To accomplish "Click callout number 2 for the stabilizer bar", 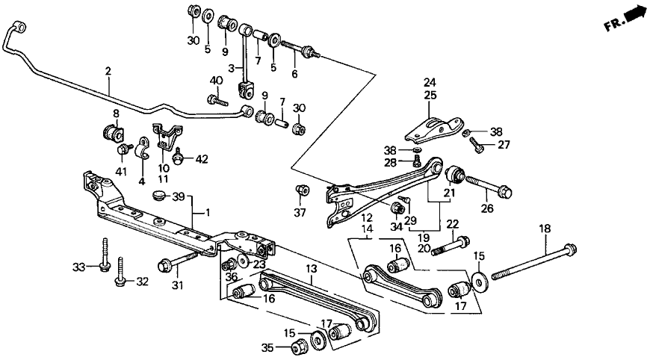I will click(108, 72).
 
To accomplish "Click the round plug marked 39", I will click(158, 195).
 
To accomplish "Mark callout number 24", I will click(430, 82).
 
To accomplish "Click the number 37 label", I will click(300, 214).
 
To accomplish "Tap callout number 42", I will click(199, 159).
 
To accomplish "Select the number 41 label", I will click(122, 171).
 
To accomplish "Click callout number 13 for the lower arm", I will click(312, 268).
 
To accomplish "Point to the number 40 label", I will click(216, 80).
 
